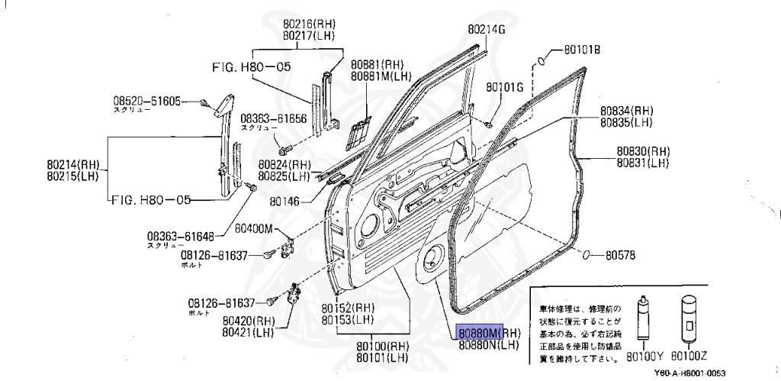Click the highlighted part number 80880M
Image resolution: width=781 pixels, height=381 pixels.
point(479,333)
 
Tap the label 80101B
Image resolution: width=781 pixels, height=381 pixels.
point(583,50)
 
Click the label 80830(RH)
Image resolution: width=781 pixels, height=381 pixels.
point(643,151)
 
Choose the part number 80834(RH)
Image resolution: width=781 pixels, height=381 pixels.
point(627,111)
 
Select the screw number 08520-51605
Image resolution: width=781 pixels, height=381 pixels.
point(147,100)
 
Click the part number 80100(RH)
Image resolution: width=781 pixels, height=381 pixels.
point(382,346)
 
